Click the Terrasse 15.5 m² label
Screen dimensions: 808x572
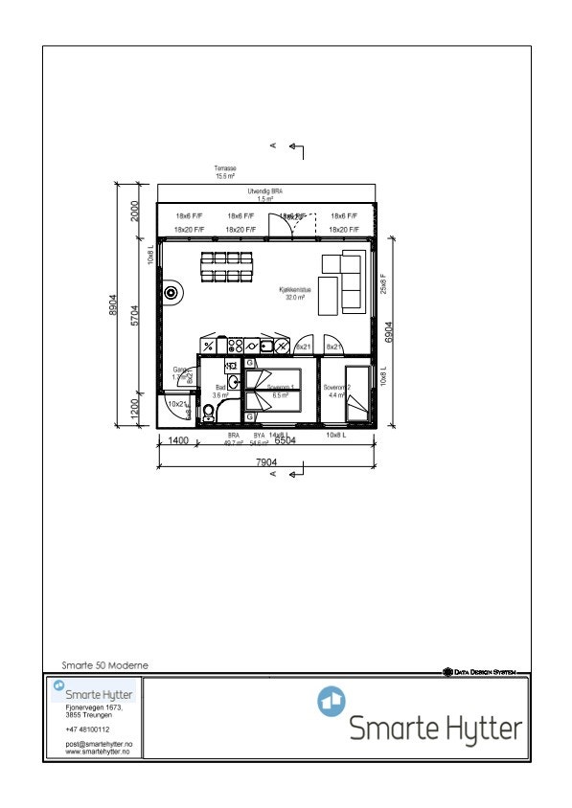point(225,171)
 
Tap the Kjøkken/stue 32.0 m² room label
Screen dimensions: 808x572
point(292,293)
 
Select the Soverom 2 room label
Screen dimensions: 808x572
point(336,391)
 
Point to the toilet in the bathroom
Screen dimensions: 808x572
point(209,414)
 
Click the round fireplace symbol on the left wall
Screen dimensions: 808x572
point(172,294)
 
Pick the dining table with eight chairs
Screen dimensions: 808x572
point(226,267)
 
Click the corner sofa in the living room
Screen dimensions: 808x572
point(345,281)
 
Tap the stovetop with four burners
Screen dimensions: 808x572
point(235,346)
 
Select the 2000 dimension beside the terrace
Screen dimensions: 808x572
point(136,212)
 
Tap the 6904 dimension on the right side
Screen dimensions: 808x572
point(388,331)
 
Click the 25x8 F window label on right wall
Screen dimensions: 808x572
point(383,284)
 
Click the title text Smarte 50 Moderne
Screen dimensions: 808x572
point(104,664)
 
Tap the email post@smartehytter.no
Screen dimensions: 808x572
point(98,744)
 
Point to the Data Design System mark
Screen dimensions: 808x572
point(479,672)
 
